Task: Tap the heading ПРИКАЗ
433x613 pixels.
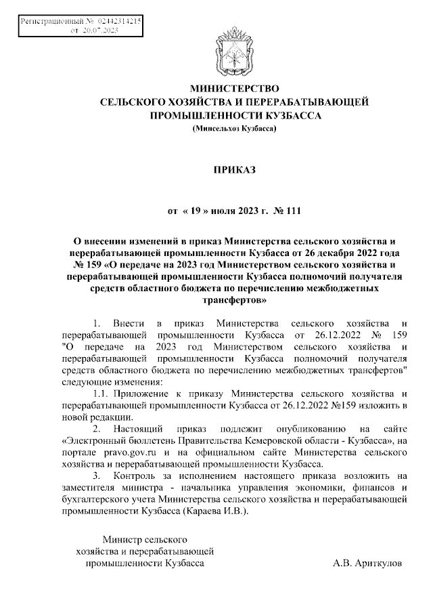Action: pyautogui.click(x=234, y=167)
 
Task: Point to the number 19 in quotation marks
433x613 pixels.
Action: pyautogui.click(x=193, y=211)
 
